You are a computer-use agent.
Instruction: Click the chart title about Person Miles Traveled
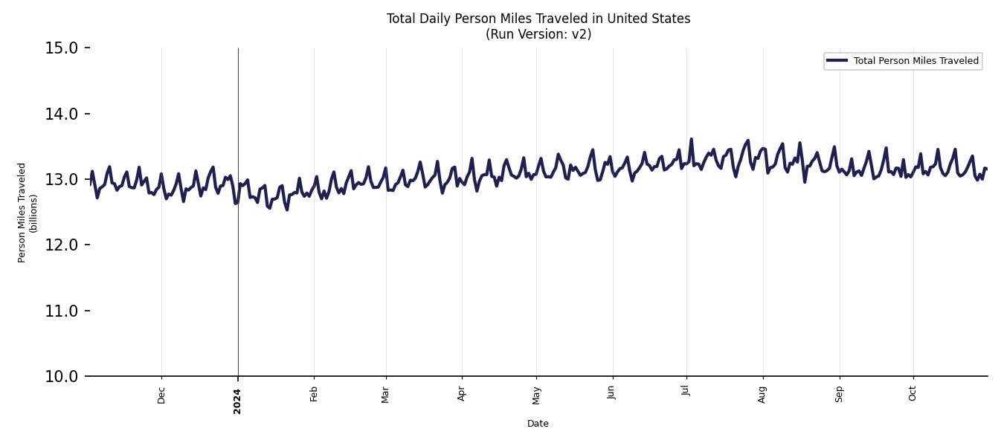(x=538, y=19)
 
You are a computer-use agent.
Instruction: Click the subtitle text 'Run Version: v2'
(x=538, y=34)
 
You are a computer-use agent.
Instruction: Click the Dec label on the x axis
(x=162, y=395)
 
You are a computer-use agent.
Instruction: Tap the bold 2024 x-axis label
(x=237, y=401)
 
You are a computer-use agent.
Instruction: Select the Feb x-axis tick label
(x=314, y=394)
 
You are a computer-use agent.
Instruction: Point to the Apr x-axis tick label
(x=462, y=394)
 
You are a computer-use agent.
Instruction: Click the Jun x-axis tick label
(x=612, y=394)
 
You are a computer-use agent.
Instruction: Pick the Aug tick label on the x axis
(x=762, y=395)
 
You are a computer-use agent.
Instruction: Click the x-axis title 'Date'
(x=538, y=424)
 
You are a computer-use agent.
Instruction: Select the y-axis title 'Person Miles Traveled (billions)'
(x=28, y=213)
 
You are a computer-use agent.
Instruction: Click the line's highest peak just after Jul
(x=691, y=139)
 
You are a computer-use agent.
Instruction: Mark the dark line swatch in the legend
(x=837, y=61)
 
